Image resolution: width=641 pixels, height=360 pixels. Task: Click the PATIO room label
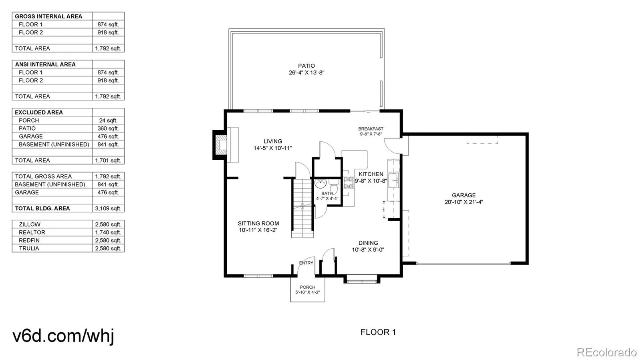(306, 66)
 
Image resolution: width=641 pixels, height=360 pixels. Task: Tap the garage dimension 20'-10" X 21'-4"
(464, 202)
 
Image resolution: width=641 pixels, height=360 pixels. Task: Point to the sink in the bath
(320, 185)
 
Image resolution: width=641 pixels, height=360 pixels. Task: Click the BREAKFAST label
(371, 129)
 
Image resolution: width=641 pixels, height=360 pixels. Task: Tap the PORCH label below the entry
(307, 287)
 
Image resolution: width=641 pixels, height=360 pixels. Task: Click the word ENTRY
(306, 263)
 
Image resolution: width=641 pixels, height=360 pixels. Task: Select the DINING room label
(368, 243)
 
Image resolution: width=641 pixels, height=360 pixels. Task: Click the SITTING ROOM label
(258, 223)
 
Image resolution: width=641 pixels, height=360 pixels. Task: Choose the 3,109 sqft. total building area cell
(108, 208)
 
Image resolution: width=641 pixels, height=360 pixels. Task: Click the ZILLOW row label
(30, 224)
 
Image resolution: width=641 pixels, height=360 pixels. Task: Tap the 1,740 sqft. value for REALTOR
(108, 232)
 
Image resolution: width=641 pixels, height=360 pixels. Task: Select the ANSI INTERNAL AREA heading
(45, 64)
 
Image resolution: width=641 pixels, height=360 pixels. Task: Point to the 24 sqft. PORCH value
(108, 120)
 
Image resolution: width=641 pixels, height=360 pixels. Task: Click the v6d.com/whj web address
(63, 336)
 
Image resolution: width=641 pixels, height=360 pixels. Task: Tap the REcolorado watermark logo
(606, 352)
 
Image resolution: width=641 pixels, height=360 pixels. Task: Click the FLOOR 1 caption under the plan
(378, 332)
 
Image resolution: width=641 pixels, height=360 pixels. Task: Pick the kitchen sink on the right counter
(393, 181)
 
